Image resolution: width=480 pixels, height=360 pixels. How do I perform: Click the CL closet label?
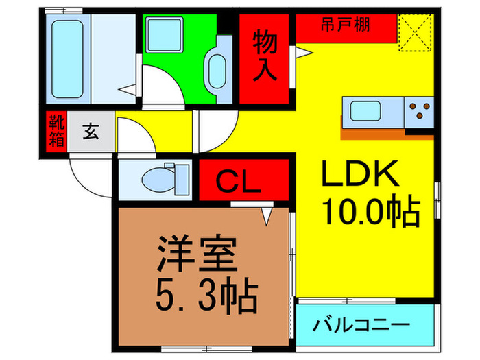pyautogui.click(x=240, y=182)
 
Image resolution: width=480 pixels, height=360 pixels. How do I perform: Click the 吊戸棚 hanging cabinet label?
pyautogui.click(x=346, y=26)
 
